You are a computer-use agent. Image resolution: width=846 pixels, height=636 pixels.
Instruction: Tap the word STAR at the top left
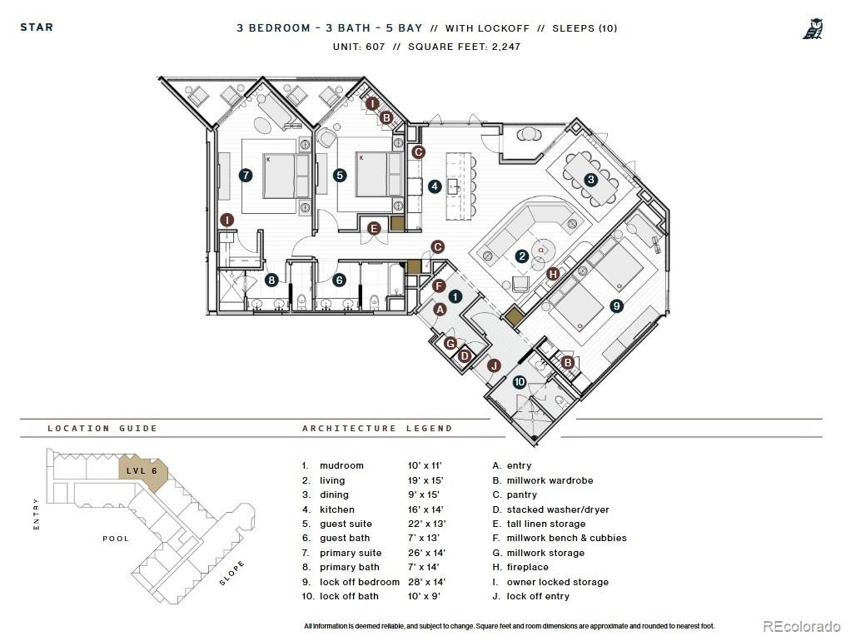pos(37,27)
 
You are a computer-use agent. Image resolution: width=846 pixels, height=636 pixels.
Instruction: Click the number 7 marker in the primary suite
pos(245,176)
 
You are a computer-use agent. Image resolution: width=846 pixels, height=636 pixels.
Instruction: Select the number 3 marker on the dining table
pos(590,179)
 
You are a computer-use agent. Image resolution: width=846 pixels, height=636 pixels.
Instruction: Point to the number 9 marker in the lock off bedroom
pos(616,306)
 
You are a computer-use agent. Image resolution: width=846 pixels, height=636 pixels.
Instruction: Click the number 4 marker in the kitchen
pos(435,186)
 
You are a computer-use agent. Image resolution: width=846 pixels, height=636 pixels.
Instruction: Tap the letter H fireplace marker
pos(553,274)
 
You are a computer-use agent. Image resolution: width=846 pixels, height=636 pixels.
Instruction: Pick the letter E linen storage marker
pos(375,228)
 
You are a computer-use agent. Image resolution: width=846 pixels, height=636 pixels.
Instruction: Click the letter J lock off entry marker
pos(494,365)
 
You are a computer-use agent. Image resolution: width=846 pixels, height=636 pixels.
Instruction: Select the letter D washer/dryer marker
pos(465,356)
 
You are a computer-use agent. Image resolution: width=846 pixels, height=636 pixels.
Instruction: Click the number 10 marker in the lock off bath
pos(520,383)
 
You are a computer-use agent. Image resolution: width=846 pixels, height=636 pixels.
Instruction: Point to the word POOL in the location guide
pos(116,539)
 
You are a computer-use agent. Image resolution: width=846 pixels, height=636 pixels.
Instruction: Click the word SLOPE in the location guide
pos(232,573)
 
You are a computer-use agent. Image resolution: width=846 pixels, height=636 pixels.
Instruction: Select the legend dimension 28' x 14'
pos(425,582)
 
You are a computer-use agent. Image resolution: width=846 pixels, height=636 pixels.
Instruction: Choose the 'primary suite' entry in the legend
pos(351,553)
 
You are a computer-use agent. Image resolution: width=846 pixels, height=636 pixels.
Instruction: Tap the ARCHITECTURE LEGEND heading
pos(377,429)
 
